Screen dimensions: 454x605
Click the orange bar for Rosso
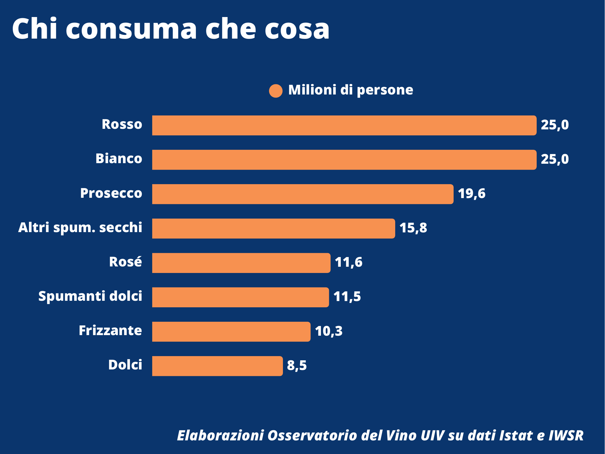click(x=344, y=125)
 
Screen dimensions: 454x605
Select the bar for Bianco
click(x=344, y=160)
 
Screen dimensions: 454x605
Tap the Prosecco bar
click(x=302, y=194)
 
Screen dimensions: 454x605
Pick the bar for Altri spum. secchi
click(x=273, y=228)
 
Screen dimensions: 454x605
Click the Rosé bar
click(x=241, y=263)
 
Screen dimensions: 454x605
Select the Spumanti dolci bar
click(x=240, y=297)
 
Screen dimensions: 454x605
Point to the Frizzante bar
click(x=231, y=331)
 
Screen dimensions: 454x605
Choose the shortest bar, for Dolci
click(x=217, y=366)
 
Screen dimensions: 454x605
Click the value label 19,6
click(x=471, y=194)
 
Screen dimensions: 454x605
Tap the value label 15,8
click(x=413, y=228)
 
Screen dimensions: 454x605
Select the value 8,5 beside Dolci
click(x=297, y=365)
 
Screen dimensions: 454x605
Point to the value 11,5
click(x=347, y=297)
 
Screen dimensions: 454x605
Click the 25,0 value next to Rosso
click(x=555, y=125)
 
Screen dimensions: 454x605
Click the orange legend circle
click(x=276, y=91)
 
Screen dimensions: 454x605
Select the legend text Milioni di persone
click(x=350, y=90)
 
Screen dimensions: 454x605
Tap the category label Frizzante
click(x=110, y=331)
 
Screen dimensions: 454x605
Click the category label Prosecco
click(x=111, y=193)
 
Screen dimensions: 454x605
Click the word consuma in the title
click(x=131, y=29)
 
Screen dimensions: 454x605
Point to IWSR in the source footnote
click(x=566, y=436)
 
